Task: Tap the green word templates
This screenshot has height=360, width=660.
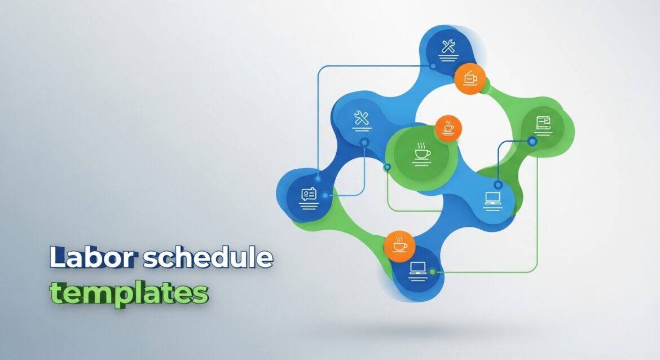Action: coord(129,293)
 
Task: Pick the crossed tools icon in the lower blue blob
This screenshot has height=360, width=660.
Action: coord(362,118)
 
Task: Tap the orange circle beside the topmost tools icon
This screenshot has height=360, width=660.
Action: coord(470,78)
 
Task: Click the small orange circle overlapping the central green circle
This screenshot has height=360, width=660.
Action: coord(448,128)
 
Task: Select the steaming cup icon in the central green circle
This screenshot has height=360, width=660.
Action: coord(422,152)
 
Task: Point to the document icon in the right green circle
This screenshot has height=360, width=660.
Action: coord(543,124)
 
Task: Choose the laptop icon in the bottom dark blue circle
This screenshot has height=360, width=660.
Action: coord(418,268)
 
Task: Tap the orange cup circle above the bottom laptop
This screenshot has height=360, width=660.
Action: coord(400,246)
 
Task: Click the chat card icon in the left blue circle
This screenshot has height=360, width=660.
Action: coord(309,195)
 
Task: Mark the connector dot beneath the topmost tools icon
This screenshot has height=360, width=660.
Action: coord(433,66)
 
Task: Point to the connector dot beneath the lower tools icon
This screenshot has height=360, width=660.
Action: coord(364,142)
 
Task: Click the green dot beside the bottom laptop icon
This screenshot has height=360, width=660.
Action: coord(432,272)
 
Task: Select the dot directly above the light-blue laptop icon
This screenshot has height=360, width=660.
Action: coord(498,185)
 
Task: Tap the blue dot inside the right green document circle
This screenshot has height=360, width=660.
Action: coord(533,142)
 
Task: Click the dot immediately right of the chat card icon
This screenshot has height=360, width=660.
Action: coord(325,196)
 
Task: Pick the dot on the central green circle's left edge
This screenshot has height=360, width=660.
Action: coord(387,167)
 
